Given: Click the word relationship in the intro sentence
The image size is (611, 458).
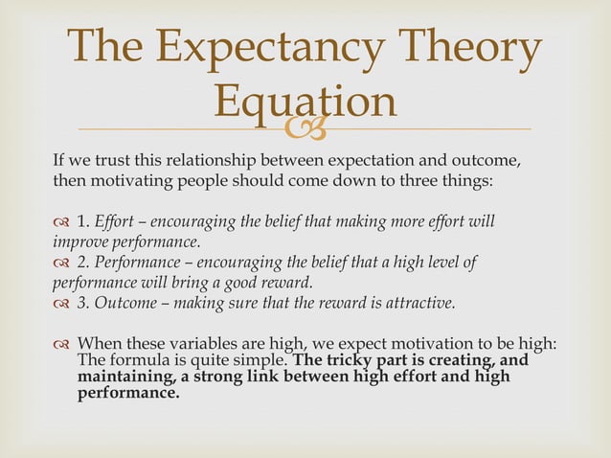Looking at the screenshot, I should click(210, 159).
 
